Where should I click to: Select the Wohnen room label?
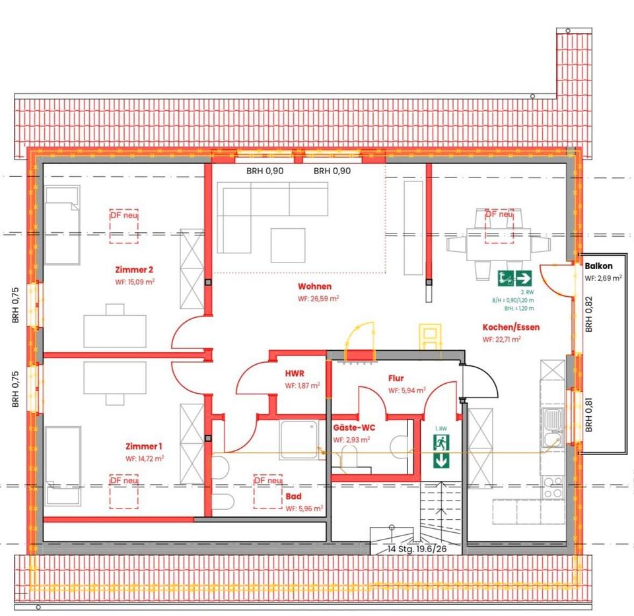(314, 287)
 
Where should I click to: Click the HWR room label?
(294, 375)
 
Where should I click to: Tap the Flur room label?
(396, 379)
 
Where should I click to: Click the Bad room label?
(294, 497)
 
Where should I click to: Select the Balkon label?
(600, 266)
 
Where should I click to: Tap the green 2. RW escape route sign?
(515, 278)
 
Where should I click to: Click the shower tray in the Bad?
(301, 439)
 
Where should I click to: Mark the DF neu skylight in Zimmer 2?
(124, 226)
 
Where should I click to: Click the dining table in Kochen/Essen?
(499, 244)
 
